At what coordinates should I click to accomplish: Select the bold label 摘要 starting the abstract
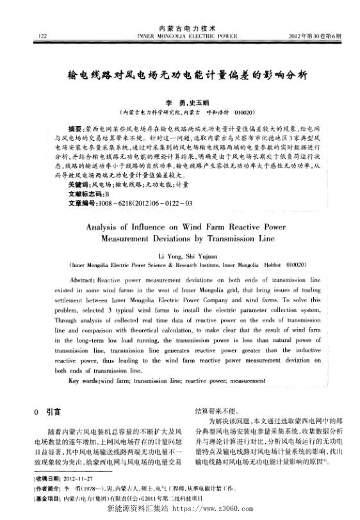[74, 128]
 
